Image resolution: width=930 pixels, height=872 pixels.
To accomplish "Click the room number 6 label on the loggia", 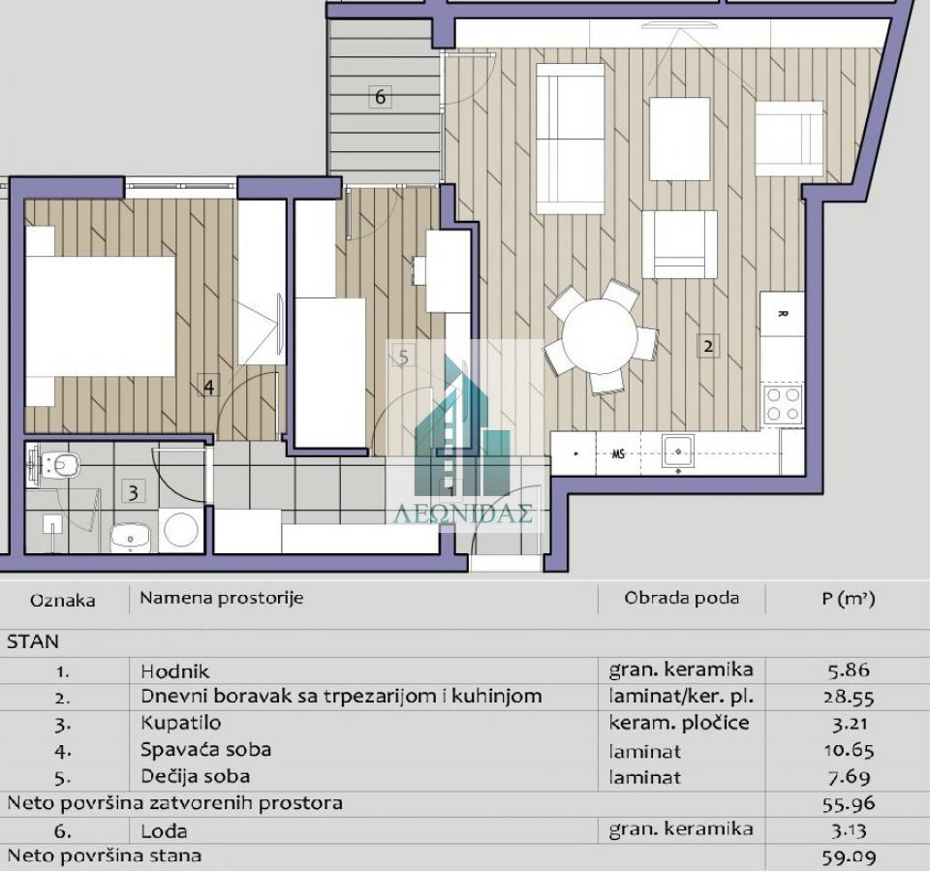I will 380,97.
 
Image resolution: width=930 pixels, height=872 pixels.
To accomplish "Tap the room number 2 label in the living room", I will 708,345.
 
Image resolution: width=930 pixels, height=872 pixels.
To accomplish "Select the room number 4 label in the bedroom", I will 208,387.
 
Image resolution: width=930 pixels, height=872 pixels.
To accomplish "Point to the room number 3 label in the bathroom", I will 133,491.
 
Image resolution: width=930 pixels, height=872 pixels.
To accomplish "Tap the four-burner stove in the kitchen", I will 783,405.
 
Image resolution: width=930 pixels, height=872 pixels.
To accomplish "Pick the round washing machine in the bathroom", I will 180,530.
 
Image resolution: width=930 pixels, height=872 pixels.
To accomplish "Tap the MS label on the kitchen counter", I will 617,453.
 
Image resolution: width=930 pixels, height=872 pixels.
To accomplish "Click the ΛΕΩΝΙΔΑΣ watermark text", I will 463,514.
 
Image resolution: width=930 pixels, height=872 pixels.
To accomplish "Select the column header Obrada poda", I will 681,598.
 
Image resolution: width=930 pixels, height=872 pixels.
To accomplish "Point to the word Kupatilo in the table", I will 180,724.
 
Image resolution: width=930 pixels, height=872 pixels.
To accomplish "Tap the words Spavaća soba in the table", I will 205,750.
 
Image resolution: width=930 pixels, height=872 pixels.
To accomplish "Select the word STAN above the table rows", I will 33,641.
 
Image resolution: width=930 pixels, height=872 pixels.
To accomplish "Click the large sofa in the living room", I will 570,138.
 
